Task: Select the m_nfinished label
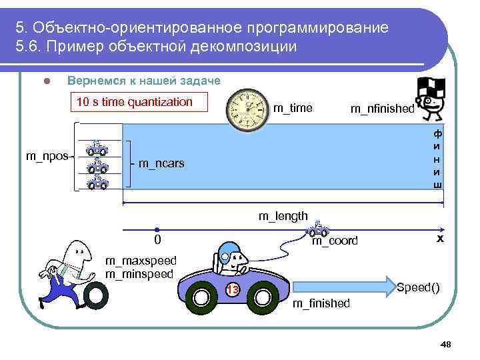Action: (382, 109)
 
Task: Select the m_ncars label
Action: (161, 164)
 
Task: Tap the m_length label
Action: (283, 215)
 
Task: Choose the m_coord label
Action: (335, 241)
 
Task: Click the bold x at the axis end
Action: (440, 238)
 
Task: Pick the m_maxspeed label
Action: (141, 261)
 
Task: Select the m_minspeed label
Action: (139, 273)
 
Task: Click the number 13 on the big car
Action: (232, 290)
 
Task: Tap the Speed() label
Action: (418, 287)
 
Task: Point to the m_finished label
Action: (321, 303)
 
